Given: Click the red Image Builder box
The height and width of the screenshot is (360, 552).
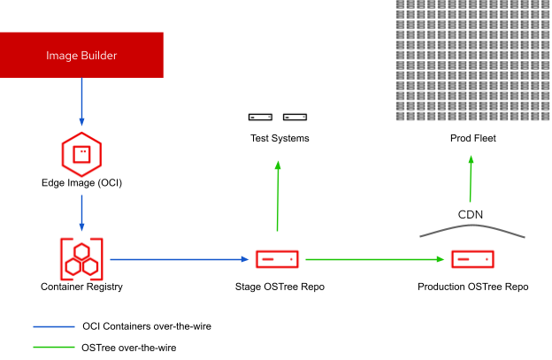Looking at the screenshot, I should (x=81, y=55).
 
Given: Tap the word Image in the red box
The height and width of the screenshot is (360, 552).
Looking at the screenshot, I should (x=61, y=56).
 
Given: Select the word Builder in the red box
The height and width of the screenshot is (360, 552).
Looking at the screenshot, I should (x=97, y=56).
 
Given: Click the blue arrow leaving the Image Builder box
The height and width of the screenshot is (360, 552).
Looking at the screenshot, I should (x=81, y=101).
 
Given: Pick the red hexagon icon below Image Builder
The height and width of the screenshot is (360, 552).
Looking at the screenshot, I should (x=81, y=155).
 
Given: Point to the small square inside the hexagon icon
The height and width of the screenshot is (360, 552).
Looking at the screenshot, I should (x=81, y=154).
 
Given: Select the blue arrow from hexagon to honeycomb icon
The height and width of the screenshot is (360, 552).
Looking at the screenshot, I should (x=81, y=212).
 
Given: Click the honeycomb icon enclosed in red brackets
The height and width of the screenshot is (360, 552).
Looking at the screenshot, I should (x=81, y=259).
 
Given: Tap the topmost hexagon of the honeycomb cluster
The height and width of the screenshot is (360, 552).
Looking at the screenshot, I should (x=81, y=250).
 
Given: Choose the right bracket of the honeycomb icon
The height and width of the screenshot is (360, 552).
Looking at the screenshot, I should (x=101, y=259).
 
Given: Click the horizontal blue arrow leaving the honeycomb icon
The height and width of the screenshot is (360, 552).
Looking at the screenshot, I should (x=177, y=259).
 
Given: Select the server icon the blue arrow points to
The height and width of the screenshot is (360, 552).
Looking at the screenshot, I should (x=277, y=259).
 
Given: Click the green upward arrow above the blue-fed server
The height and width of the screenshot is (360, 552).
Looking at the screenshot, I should (x=278, y=196).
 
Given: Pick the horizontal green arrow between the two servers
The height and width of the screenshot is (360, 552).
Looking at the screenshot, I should (x=372, y=259).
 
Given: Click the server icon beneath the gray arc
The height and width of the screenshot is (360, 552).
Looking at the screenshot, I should (x=472, y=259).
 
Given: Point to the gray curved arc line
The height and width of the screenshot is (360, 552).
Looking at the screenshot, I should (x=472, y=226).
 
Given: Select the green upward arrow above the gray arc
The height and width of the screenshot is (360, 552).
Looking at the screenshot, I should (x=471, y=180).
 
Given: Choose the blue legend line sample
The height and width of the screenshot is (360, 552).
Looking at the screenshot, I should (x=54, y=326).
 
